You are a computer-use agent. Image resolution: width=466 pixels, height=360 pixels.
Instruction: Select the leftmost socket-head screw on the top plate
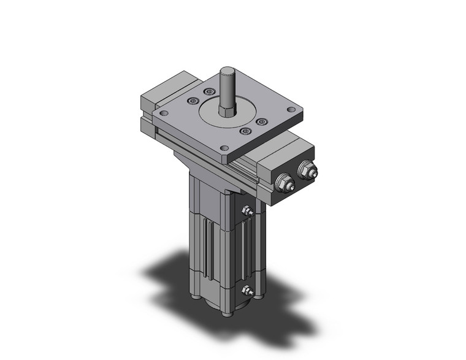click(x=194, y=101)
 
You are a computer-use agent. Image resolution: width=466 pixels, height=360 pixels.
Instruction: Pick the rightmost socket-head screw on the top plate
click(x=261, y=121)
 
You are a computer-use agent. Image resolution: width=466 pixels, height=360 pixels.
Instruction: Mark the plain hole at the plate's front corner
click(x=224, y=148)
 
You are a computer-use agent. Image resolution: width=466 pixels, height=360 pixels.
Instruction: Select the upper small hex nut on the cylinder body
click(x=247, y=212)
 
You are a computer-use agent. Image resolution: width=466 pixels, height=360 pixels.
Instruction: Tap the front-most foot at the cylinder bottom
click(x=229, y=314)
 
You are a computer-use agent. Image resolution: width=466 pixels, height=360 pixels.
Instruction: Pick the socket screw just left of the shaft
click(x=208, y=93)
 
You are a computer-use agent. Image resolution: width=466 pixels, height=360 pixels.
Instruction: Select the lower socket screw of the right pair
click(x=246, y=131)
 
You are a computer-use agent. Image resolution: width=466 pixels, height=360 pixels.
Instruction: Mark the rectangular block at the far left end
click(x=153, y=98)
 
